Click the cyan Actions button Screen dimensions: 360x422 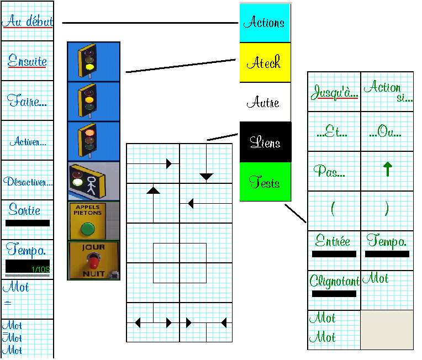point(265,23)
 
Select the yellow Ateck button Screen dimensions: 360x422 point(265,62)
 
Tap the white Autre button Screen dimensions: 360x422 point(265,102)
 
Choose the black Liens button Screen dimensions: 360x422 point(265,142)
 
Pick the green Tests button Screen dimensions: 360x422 point(265,182)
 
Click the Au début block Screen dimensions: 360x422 point(27,22)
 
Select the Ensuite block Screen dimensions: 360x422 point(27,61)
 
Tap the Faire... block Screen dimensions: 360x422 point(27,101)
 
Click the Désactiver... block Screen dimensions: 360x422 point(27,181)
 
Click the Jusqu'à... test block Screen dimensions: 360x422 point(334,92)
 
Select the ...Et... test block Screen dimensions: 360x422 point(334,131)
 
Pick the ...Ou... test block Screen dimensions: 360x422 point(387,131)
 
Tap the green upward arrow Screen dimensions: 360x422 point(387,171)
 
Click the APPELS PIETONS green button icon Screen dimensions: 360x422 point(93,221)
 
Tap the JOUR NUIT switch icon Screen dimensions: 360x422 point(93,261)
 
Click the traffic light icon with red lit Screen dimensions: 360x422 point(93,141)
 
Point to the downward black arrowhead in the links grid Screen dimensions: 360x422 point(207,177)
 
